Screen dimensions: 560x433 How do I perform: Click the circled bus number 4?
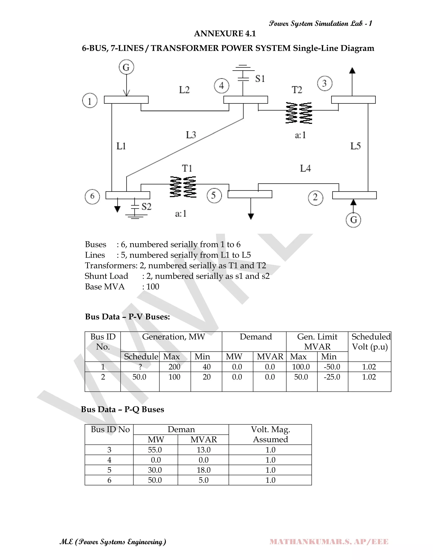pyautogui.click(x=222, y=86)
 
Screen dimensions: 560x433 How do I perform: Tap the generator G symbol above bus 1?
pyautogui.click(x=126, y=67)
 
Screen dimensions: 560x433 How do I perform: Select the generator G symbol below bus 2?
pyautogui.click(x=353, y=220)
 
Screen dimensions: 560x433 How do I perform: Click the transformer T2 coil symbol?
pyautogui.click(x=299, y=113)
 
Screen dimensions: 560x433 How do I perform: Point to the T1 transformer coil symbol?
pyautogui.click(x=183, y=187)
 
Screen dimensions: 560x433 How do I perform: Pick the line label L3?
pyautogui.click(x=191, y=135)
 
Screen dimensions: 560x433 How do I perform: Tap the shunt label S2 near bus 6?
pyautogui.click(x=147, y=206)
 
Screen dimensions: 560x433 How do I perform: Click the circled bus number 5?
pyautogui.click(x=214, y=196)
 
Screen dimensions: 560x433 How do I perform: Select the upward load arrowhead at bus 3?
pyautogui.click(x=352, y=70)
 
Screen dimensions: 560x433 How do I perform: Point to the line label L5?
pyautogui.click(x=356, y=146)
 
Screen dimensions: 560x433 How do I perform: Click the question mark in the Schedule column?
pyautogui.click(x=140, y=367)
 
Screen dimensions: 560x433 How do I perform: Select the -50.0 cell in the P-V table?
pyautogui.click(x=332, y=367)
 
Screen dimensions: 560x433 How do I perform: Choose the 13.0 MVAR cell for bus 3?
pyautogui.click(x=203, y=450)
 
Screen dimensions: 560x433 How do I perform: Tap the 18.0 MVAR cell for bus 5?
pyautogui.click(x=203, y=470)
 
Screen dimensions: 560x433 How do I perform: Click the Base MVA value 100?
pyautogui.click(x=153, y=287)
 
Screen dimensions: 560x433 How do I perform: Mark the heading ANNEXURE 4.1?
pyautogui.click(x=225, y=34)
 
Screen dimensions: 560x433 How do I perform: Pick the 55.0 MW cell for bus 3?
pyautogui.click(x=155, y=450)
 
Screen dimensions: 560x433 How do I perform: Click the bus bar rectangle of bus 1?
pyautogui.click(x=126, y=100)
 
